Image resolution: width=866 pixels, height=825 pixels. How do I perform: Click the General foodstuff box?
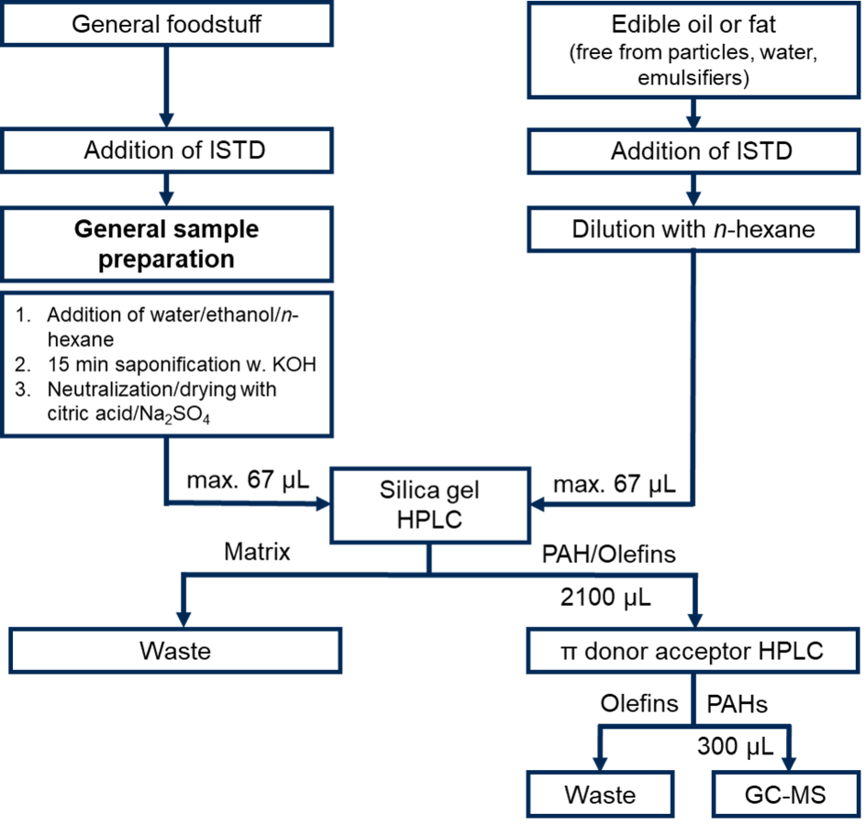166,24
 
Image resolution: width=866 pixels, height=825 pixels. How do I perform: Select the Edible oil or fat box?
694,50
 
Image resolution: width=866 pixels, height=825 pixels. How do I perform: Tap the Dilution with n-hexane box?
694,229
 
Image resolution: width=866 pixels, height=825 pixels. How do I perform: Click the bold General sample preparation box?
166,244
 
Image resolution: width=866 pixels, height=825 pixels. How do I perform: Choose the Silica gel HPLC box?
430,505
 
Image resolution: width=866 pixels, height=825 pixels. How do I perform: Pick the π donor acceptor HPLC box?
694,651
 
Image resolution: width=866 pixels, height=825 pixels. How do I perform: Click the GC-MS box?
785,795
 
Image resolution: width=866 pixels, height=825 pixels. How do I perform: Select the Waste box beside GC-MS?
600,795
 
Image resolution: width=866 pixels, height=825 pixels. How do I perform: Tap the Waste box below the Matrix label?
175,651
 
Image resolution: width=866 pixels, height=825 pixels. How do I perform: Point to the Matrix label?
257,552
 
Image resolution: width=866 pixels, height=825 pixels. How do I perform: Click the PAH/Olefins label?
608,554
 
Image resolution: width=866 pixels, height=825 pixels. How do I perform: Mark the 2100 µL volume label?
605,597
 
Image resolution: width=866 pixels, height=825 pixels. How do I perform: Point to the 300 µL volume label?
735,746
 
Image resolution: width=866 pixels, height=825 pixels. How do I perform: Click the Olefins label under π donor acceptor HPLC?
639,704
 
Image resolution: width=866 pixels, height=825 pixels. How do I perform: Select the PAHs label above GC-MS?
738,704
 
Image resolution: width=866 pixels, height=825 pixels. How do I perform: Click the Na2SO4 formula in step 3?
175,414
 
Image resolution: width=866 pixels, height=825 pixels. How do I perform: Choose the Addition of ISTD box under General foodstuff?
166,150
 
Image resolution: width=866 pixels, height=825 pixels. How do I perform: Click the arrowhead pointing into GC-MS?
789,764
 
